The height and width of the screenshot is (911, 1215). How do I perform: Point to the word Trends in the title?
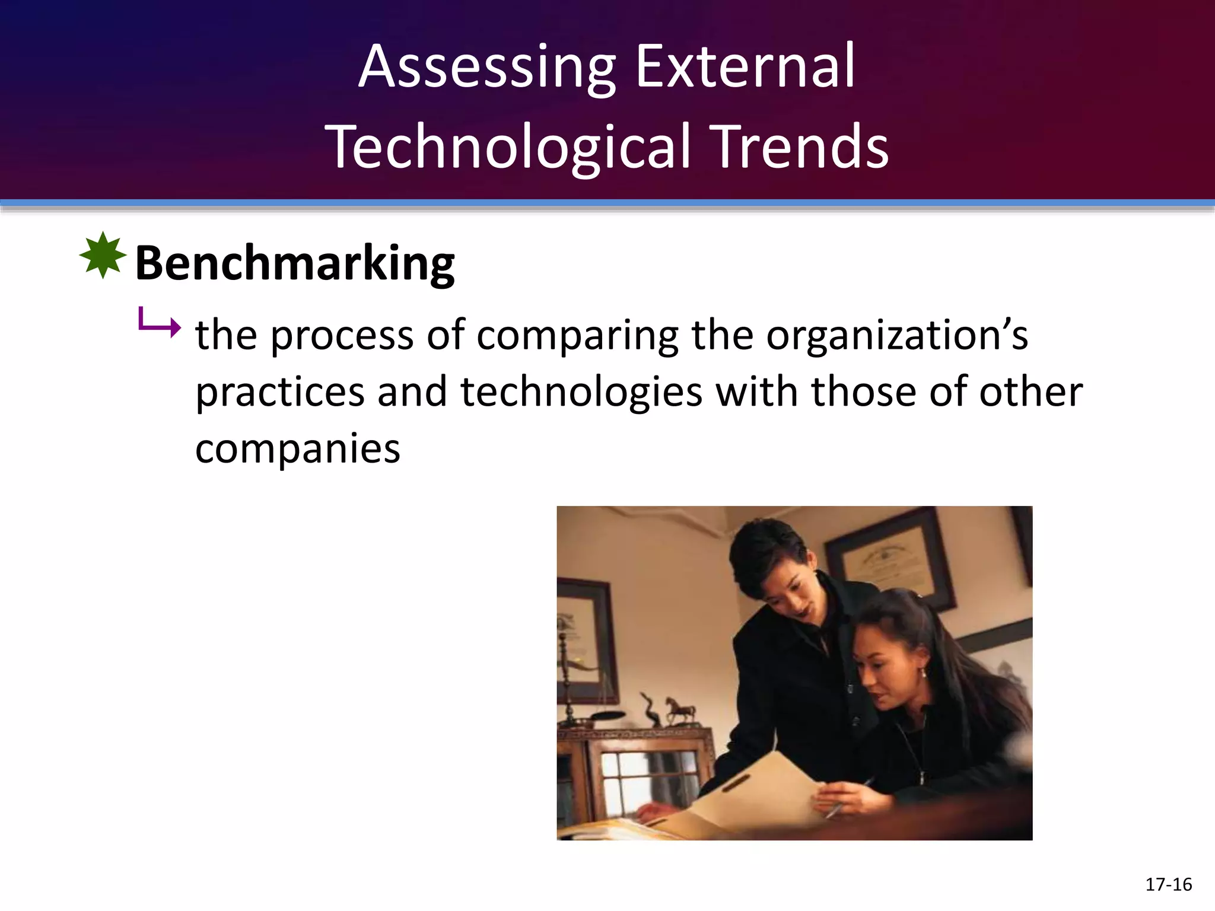click(x=801, y=146)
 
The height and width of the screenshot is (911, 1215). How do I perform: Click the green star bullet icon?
click(x=103, y=255)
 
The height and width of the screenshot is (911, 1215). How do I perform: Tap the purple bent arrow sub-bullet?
click(x=159, y=324)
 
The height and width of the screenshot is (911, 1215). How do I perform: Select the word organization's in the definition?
click(x=896, y=336)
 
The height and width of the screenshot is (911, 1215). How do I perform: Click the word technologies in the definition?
click(x=581, y=393)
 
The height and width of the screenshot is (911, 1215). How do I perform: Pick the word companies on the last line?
click(x=298, y=449)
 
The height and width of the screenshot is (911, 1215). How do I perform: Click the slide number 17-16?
click(x=1168, y=884)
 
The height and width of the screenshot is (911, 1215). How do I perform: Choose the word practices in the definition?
click(x=280, y=393)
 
